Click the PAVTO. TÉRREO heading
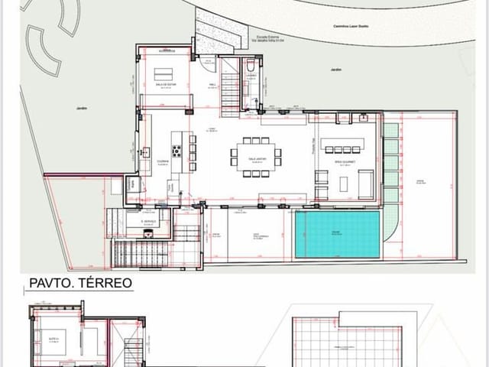(x=80, y=283)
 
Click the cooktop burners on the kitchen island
(x=176, y=151)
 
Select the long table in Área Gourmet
(x=342, y=147)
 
